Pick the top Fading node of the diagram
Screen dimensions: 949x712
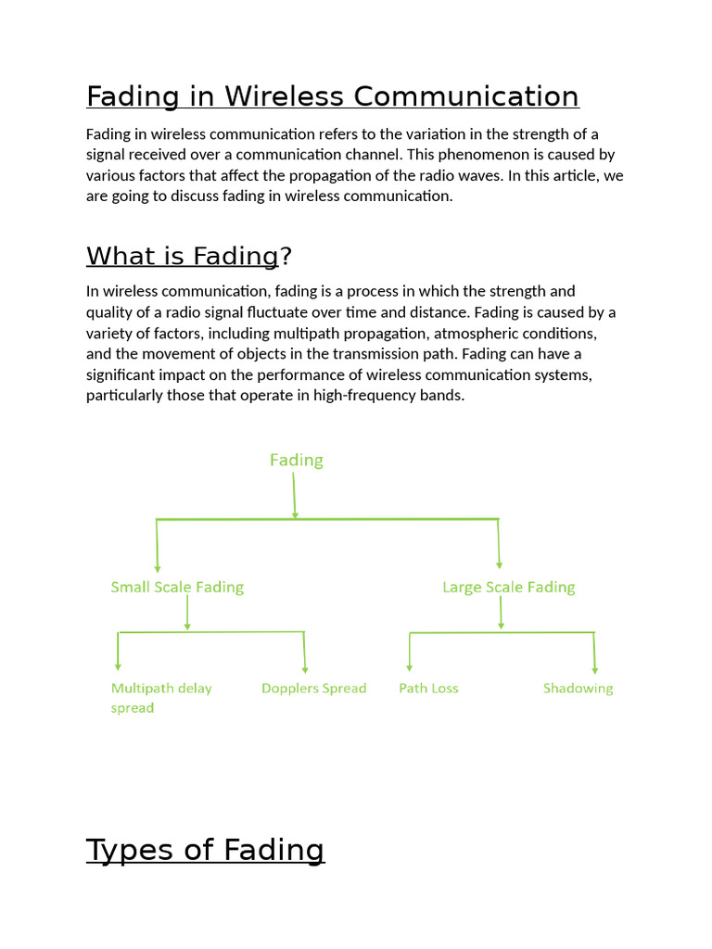[x=296, y=460]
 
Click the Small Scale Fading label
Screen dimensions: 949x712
[x=177, y=587]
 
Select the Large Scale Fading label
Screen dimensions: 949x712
[x=508, y=587]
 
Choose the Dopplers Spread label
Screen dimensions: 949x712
[x=313, y=688]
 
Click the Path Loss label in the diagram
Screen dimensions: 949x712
[x=428, y=688]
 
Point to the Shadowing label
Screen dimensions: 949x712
[x=578, y=688]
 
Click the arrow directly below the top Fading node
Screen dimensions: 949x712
[x=295, y=496]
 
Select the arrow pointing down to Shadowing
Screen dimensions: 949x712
[x=594, y=653]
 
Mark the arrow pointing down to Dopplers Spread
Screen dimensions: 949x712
[x=304, y=653]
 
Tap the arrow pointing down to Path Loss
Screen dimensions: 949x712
[x=410, y=652]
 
